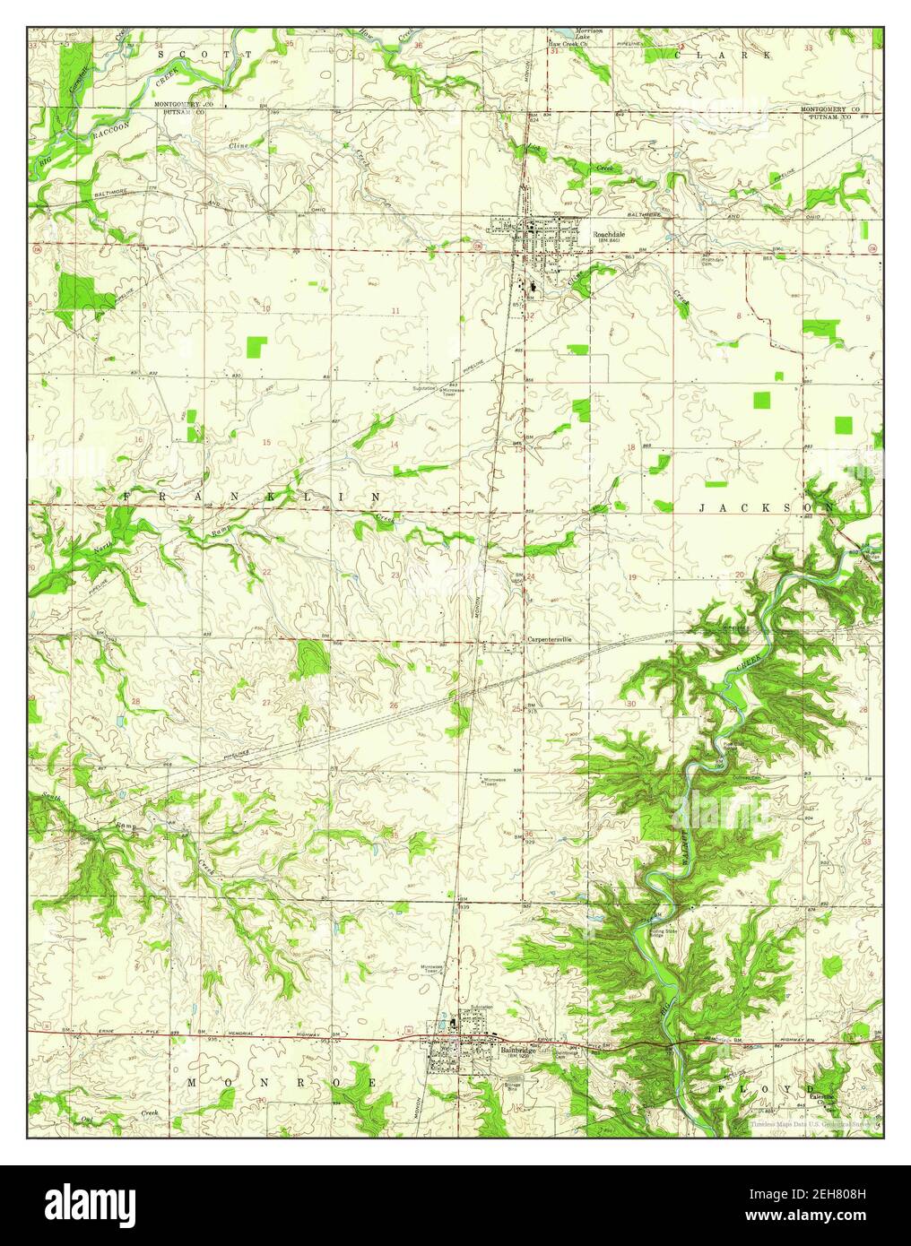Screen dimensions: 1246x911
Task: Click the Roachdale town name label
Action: pyautogui.click(x=609, y=233)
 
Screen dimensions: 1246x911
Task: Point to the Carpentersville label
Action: pyautogui.click(x=549, y=639)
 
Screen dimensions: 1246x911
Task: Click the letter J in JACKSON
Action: pyautogui.click(x=703, y=507)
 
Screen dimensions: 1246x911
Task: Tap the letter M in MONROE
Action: pyautogui.click(x=191, y=1083)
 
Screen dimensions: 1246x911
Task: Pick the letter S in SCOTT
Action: pyautogui.click(x=162, y=55)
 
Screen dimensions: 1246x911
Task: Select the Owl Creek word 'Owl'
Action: pyautogui.click(x=87, y=1119)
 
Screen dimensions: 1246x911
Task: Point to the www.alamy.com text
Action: pyautogui.click(x=829, y=1220)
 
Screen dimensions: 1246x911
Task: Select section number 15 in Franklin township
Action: pyautogui.click(x=265, y=443)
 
